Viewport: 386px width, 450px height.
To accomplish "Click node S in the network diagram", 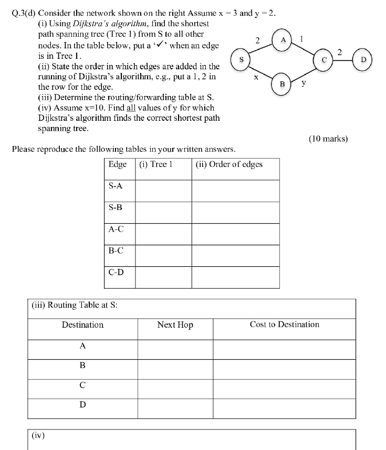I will (x=241, y=59).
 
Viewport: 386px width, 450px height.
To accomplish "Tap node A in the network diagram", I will (x=283, y=40).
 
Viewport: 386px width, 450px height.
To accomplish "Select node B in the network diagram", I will (x=282, y=83).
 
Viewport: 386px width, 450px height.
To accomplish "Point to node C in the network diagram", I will (x=325, y=60).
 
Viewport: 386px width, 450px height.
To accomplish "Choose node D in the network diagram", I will (x=363, y=60).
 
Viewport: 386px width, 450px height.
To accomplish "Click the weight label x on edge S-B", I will (x=256, y=78).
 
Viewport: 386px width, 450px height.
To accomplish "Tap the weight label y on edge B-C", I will (x=304, y=83).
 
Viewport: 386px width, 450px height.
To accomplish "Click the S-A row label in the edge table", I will (x=116, y=185).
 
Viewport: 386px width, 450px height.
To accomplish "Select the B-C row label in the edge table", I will (x=116, y=250).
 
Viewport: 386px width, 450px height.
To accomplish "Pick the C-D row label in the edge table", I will (x=116, y=272).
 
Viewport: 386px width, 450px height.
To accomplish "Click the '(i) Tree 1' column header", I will (x=157, y=164).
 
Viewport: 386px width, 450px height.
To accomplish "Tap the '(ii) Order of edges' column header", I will (x=229, y=164).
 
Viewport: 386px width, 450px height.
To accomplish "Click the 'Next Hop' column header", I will (x=175, y=325).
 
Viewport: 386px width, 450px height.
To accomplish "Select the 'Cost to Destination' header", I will (x=284, y=325).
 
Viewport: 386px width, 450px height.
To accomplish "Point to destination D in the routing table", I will (x=82, y=405).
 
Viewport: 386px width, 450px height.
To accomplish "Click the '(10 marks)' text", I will (x=328, y=139).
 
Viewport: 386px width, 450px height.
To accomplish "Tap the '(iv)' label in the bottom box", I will (x=38, y=435).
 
